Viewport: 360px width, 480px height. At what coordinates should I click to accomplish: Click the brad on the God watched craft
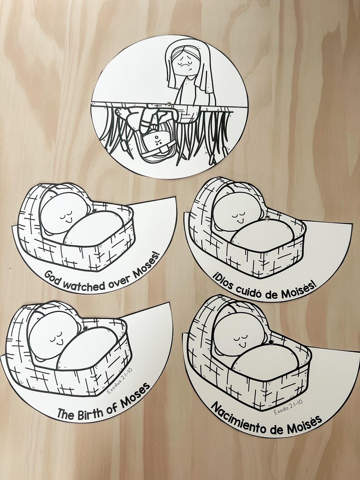pyautogui.click(x=94, y=211)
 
